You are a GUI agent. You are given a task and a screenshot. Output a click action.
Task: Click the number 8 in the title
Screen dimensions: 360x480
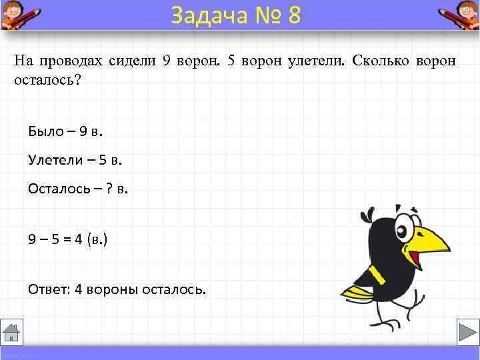pyautogui.click(x=294, y=15)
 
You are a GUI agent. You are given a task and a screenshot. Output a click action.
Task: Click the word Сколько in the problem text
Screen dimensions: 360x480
pyautogui.click(x=379, y=61)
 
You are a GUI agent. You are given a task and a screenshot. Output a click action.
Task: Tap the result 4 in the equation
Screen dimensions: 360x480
pyautogui.click(x=78, y=239)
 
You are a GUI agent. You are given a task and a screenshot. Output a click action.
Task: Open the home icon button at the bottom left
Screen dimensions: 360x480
pyautogui.click(x=12, y=331)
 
